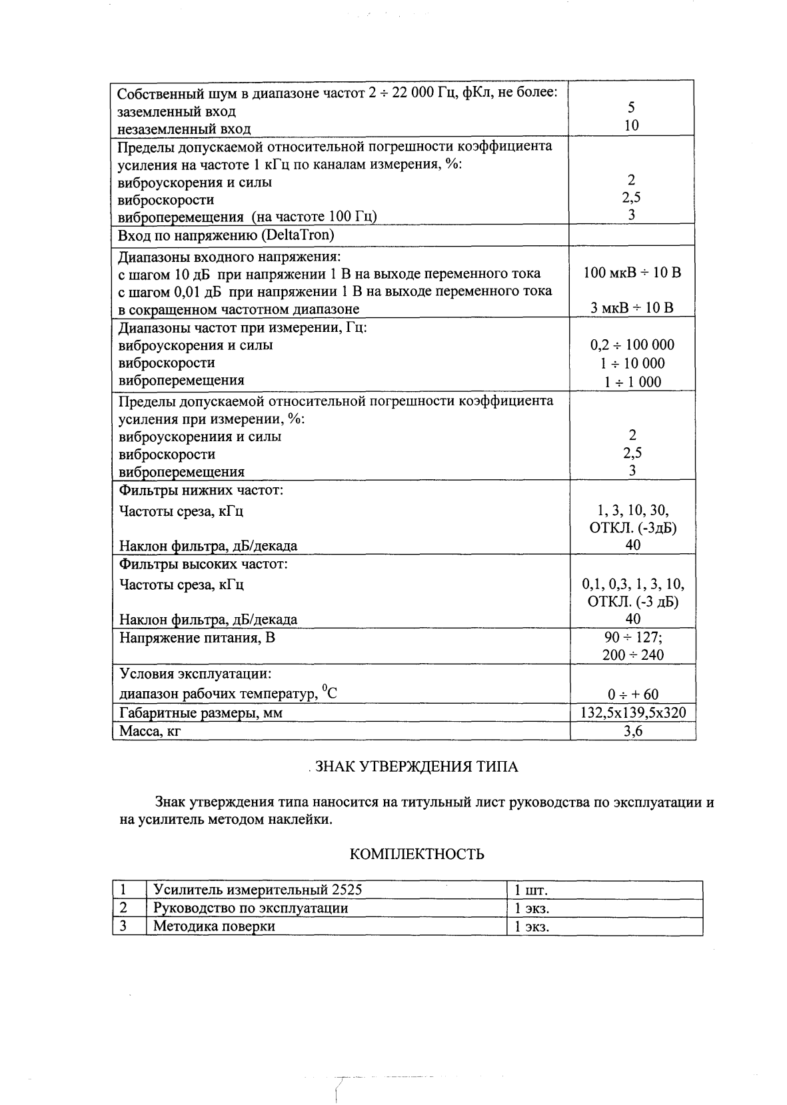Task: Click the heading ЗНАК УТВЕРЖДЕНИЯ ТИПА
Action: click(416, 766)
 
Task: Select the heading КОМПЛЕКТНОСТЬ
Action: click(417, 854)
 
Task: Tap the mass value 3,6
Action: click(632, 731)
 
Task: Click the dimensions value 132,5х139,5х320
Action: click(632, 713)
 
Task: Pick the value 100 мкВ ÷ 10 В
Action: click(632, 273)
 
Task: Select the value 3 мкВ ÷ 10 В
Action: click(632, 308)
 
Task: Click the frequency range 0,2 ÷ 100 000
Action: click(632, 345)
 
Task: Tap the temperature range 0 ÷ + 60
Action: click(633, 694)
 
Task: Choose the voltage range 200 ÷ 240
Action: click(632, 655)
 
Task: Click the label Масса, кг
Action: click(150, 732)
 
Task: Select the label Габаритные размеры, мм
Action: click(201, 713)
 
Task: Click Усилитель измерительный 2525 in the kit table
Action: click(258, 890)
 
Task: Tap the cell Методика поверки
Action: click(214, 926)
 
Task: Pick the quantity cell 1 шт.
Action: click(531, 890)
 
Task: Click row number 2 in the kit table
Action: click(123, 908)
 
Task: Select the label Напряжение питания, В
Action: click(197, 638)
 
